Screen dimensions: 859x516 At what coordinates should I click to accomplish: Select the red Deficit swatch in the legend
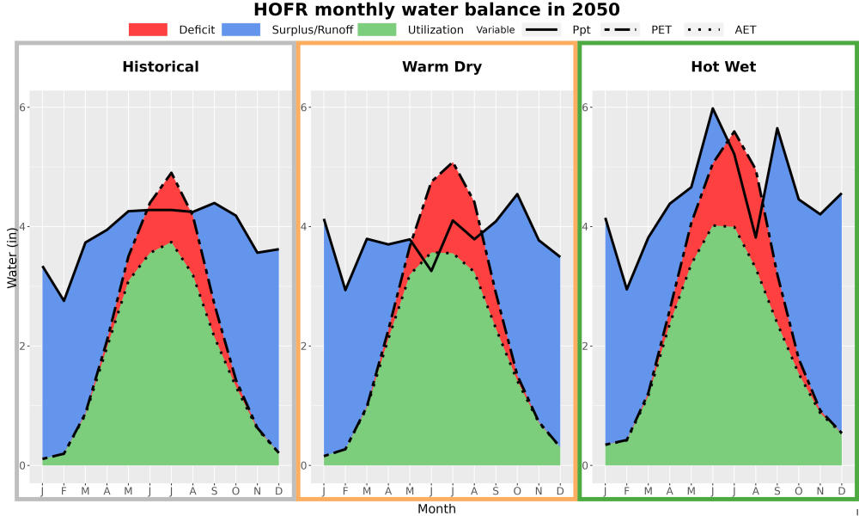148,29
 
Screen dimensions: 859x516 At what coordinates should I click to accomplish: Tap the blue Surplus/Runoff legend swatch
241,29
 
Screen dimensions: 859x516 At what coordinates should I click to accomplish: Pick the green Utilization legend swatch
377,29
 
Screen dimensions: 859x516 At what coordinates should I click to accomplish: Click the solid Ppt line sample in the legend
541,29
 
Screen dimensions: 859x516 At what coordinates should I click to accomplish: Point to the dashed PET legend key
620,29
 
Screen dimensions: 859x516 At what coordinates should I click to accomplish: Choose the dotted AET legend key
704,29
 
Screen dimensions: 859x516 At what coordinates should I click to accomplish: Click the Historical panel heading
161,67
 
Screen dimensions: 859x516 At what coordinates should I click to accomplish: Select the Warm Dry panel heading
442,67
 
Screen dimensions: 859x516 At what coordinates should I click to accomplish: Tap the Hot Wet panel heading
723,67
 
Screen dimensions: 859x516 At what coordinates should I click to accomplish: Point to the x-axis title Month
436,509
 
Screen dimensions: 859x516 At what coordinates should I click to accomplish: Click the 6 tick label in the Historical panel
23,107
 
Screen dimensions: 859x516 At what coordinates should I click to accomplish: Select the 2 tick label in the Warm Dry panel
303,346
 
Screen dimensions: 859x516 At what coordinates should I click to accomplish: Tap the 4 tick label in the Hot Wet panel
585,226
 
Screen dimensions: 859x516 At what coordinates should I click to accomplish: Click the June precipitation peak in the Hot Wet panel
713,108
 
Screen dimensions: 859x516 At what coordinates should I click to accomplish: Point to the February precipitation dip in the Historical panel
64,300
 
